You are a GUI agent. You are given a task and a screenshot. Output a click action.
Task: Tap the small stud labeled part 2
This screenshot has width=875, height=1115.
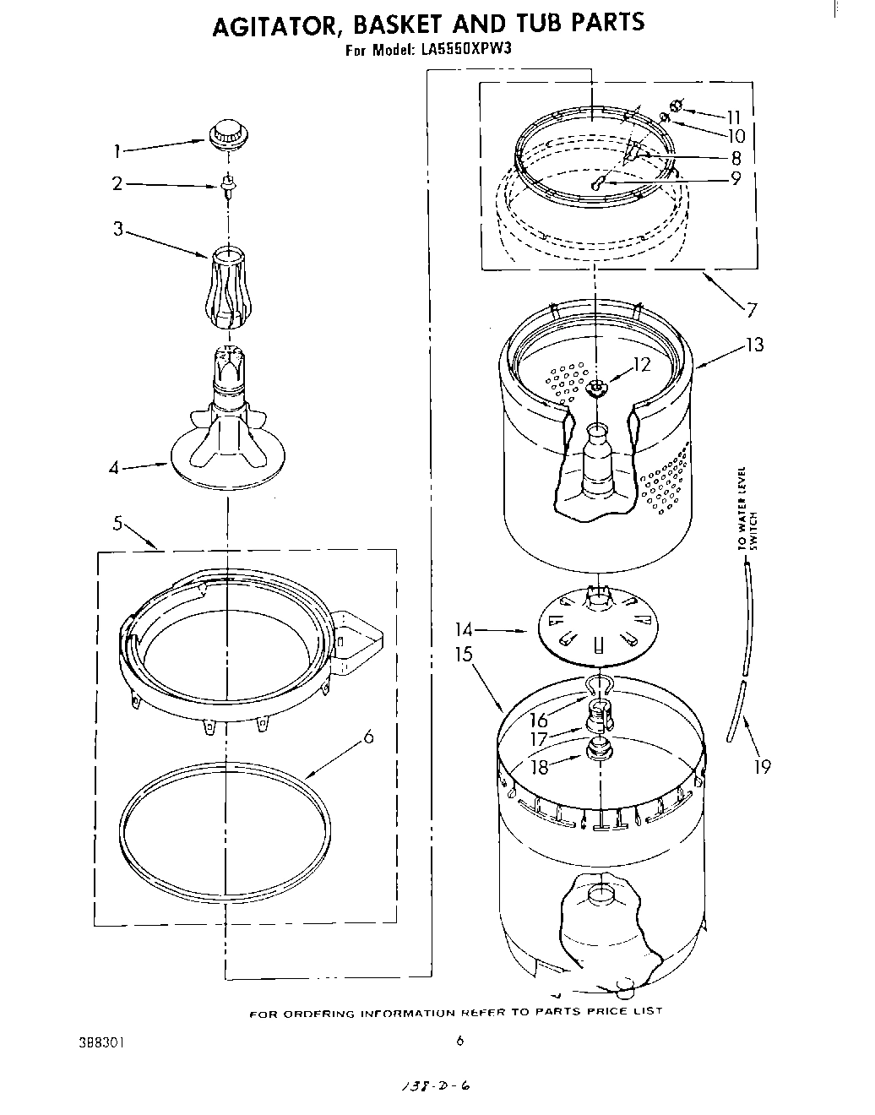227,185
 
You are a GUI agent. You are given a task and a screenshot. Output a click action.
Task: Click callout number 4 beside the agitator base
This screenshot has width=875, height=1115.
114,466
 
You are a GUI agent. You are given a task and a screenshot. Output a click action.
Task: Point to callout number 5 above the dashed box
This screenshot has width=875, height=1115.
119,524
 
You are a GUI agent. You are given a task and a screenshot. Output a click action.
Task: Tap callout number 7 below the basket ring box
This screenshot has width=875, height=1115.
749,310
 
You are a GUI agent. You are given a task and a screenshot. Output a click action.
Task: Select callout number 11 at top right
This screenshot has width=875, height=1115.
732,117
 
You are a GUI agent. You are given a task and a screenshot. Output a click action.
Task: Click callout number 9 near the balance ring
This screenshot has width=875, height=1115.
735,179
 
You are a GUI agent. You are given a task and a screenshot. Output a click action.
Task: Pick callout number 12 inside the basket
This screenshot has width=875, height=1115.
642,365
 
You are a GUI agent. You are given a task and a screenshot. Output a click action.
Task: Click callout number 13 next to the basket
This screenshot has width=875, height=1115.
753,345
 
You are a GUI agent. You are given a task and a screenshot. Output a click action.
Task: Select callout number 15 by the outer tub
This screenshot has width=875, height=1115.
462,654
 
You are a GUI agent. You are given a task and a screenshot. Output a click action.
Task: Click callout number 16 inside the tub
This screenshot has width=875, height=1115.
538,720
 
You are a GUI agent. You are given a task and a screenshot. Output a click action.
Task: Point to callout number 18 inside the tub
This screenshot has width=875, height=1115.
538,766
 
